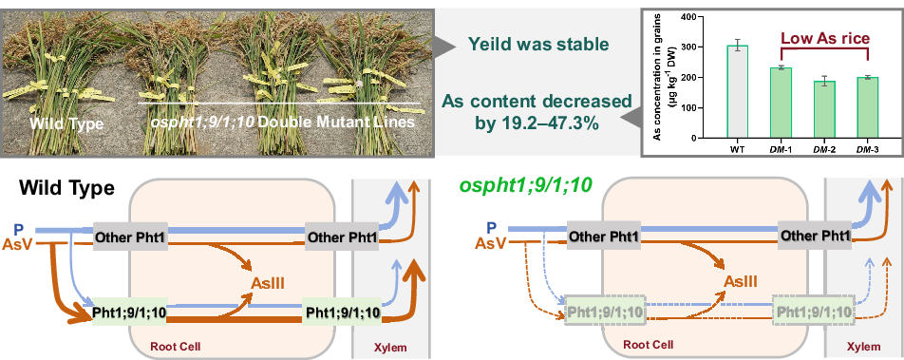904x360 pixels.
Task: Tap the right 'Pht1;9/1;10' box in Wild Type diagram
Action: (342, 312)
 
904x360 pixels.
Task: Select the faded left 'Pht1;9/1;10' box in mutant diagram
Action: (604, 312)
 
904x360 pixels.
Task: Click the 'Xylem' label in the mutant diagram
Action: (862, 348)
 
